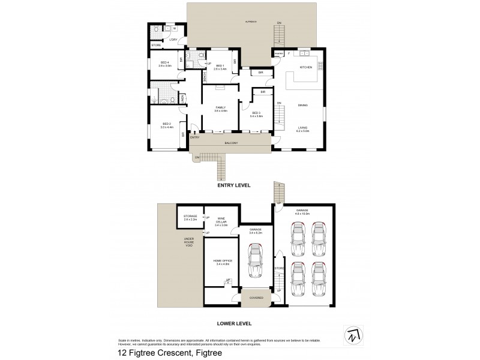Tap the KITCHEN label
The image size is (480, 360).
(x=305, y=67)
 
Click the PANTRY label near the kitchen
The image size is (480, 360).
(x=278, y=54)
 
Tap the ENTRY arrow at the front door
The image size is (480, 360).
(x=194, y=132)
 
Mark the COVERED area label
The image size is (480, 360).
(x=256, y=298)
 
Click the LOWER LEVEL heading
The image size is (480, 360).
(x=233, y=323)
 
